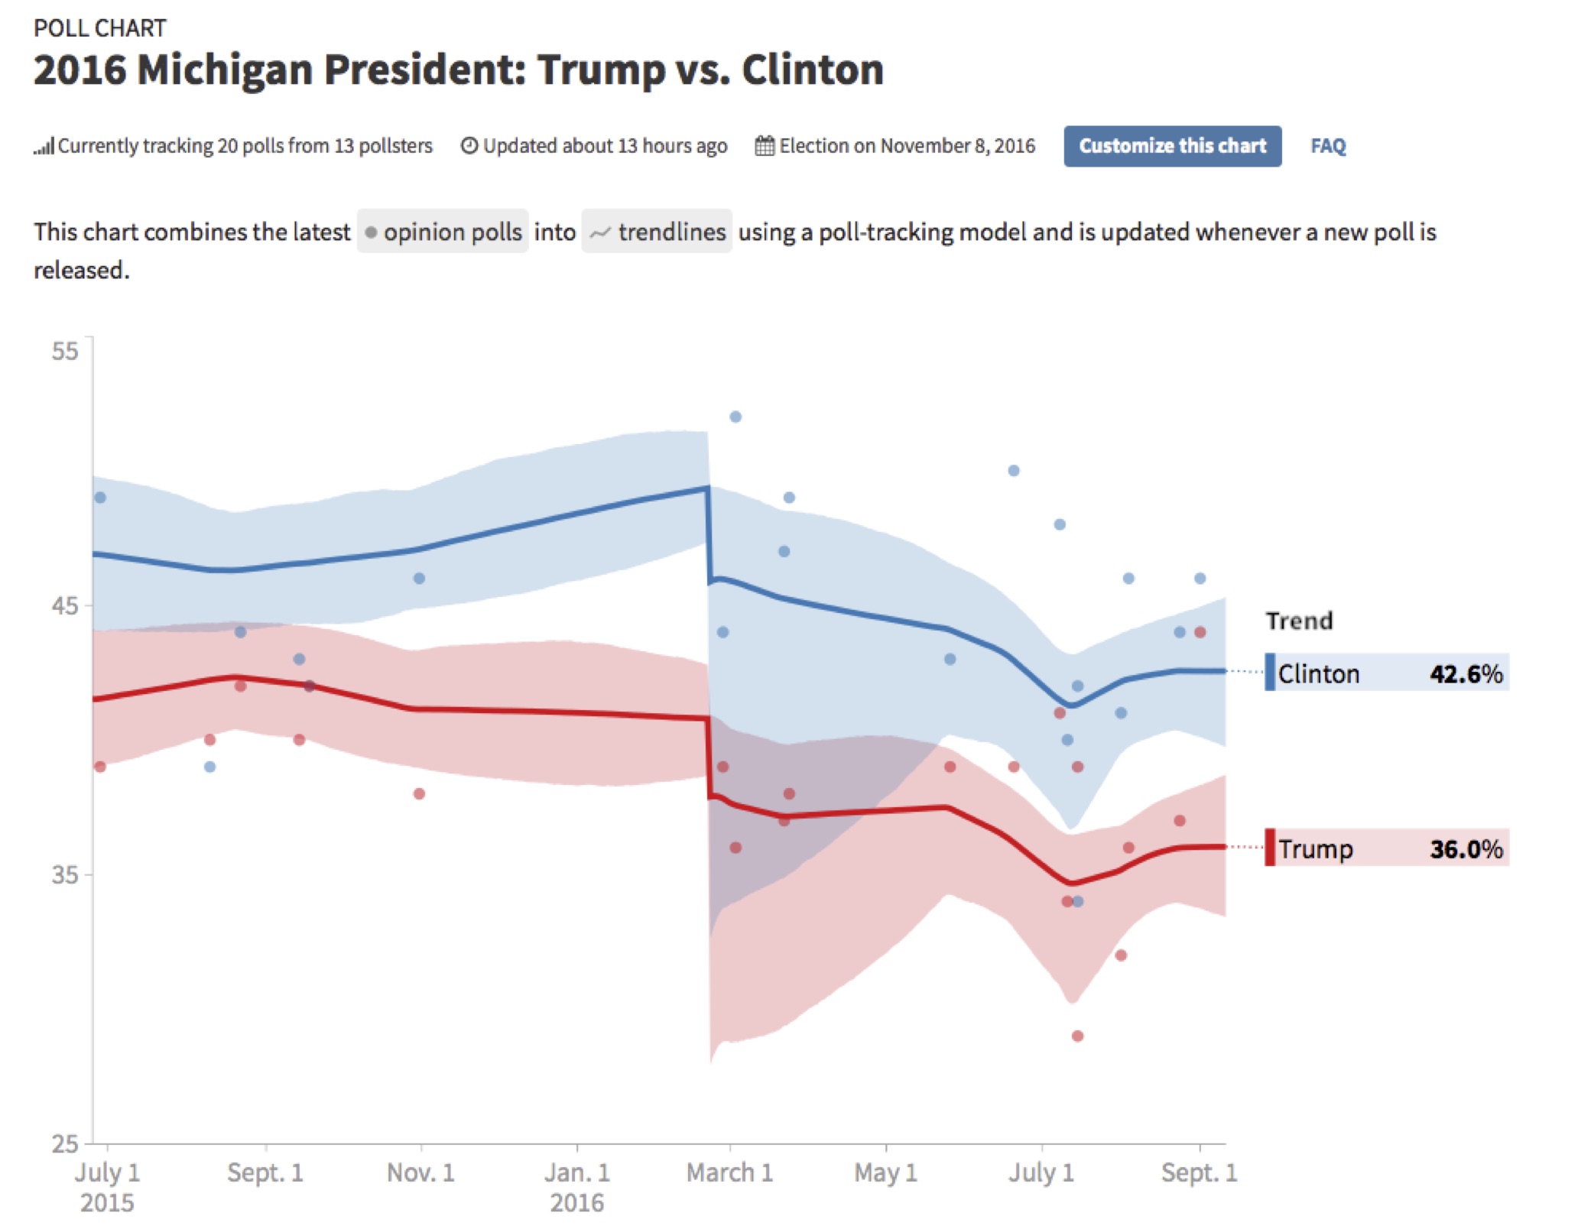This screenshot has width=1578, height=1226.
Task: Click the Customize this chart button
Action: [x=1171, y=146]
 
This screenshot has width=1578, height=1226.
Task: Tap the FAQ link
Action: [x=1327, y=146]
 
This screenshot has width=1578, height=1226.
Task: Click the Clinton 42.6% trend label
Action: [x=1387, y=673]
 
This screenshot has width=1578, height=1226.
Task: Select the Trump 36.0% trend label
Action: [x=1387, y=848]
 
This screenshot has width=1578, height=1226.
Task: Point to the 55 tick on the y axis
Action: [x=65, y=351]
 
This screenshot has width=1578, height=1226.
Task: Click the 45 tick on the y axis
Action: [x=65, y=605]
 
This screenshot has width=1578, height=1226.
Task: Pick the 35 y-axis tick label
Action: [x=65, y=874]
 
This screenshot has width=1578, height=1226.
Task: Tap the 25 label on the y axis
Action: [x=65, y=1143]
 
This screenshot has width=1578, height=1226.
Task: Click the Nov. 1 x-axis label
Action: [x=420, y=1172]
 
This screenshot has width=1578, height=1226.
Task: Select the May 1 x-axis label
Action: [x=885, y=1172]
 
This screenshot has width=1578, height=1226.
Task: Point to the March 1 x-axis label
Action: [x=729, y=1172]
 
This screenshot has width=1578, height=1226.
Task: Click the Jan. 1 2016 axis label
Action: [x=577, y=1186]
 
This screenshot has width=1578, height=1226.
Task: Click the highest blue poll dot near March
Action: [x=735, y=417]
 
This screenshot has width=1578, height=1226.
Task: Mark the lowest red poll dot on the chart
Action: [x=1077, y=1036]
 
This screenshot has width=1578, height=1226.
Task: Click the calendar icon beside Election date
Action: [x=765, y=146]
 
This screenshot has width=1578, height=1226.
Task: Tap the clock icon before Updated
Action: [x=469, y=146]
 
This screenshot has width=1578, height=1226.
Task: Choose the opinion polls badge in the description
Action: [x=443, y=232]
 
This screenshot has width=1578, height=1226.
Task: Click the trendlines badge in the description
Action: [x=657, y=232]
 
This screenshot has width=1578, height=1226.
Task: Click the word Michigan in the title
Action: [x=225, y=70]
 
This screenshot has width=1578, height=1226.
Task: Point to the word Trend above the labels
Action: [x=1299, y=621]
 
